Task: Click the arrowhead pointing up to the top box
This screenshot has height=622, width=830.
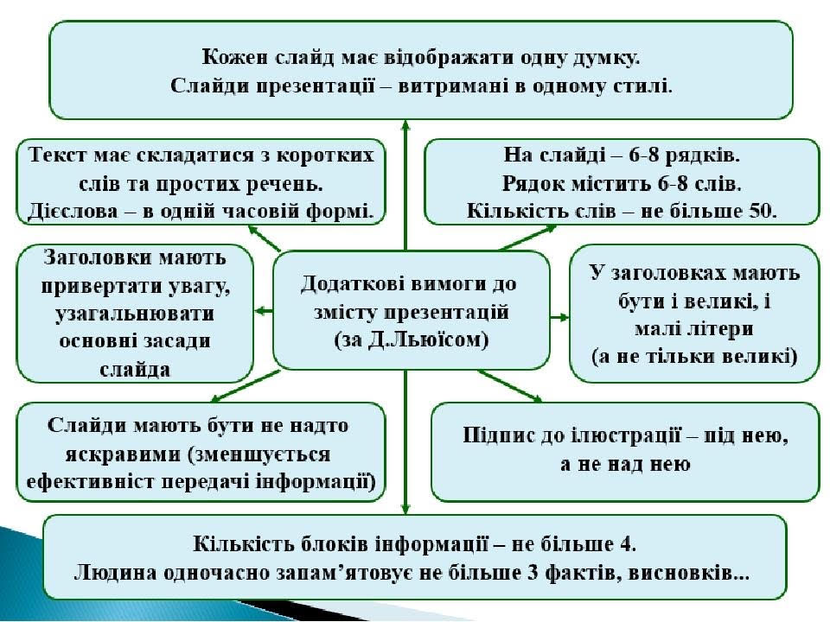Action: tap(405, 126)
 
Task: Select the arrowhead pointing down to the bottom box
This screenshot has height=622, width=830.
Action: tap(405, 510)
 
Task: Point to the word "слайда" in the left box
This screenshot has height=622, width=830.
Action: tap(133, 369)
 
